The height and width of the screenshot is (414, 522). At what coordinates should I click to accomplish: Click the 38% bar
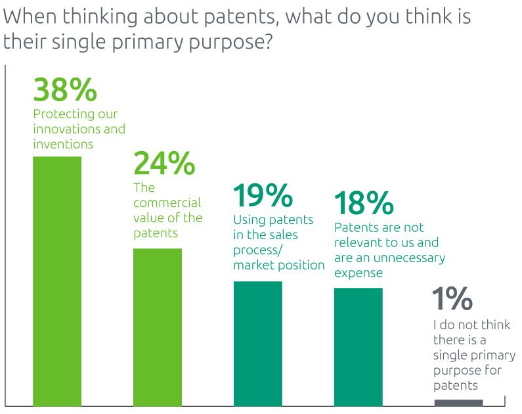tap(57, 281)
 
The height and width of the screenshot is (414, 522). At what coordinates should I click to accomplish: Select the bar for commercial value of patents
tap(158, 327)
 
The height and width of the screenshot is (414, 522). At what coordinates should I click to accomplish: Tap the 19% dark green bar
tap(258, 343)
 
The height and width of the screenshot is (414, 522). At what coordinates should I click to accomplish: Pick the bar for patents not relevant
tap(358, 346)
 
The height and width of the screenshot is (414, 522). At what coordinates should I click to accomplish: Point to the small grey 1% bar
tap(458, 403)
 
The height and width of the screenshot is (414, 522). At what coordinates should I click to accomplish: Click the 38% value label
tap(65, 90)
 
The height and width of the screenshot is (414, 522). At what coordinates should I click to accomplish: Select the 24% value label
tap(164, 164)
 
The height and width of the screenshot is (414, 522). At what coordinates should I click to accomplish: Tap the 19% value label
tap(263, 196)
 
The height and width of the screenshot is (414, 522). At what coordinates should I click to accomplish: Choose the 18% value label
tap(364, 204)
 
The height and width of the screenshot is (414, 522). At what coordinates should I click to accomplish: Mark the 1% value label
tap(452, 300)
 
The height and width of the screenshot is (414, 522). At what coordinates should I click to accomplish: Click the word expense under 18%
tap(359, 273)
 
